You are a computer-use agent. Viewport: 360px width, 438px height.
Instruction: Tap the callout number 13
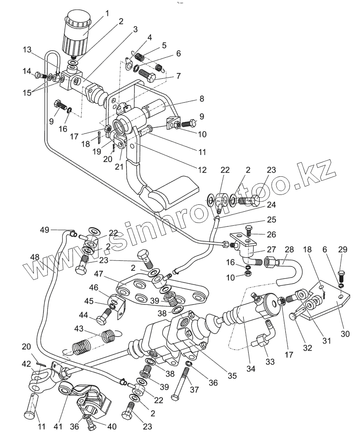(x=27, y=50)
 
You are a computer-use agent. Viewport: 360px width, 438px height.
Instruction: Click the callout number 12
(x=202, y=170)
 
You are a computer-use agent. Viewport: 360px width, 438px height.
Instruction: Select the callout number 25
(x=271, y=220)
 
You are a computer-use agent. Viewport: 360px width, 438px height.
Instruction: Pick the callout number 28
(x=289, y=249)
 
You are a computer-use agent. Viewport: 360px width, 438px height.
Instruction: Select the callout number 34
(x=251, y=369)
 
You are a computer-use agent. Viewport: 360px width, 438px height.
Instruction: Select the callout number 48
(x=35, y=257)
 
